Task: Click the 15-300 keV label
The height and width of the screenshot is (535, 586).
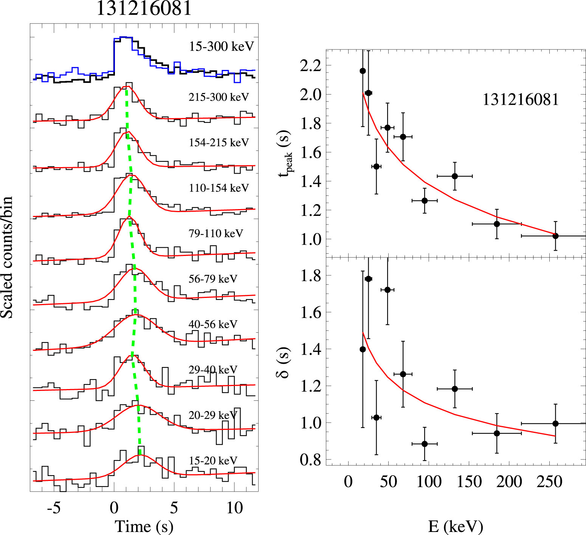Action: pyautogui.click(x=221, y=47)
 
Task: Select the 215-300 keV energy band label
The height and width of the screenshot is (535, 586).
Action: pyautogui.click(x=219, y=97)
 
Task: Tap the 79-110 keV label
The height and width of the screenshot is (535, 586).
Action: pyautogui.click(x=215, y=233)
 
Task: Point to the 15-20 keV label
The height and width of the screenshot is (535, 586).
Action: pyautogui.click(x=213, y=461)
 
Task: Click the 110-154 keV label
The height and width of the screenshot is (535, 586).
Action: pyautogui.click(x=219, y=188)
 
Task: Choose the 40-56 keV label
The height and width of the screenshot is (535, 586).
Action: pyautogui.click(x=213, y=324)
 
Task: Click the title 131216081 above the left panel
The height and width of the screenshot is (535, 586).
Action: pyautogui.click(x=144, y=8)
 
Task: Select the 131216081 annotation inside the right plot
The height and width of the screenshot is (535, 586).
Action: pyautogui.click(x=520, y=99)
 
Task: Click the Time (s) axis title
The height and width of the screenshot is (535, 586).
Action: pyautogui.click(x=144, y=526)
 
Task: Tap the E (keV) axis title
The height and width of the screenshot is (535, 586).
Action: pyautogui.click(x=456, y=526)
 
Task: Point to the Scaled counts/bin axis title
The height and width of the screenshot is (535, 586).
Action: pyautogui.click(x=7, y=257)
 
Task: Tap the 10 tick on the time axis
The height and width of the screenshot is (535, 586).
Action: pyautogui.click(x=234, y=508)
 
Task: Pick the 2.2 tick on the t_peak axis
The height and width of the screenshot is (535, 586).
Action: pyautogui.click(x=310, y=66)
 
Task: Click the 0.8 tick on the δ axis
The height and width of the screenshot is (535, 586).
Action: pyautogui.click(x=310, y=460)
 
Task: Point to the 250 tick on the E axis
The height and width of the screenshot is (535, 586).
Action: pyautogui.click(x=549, y=482)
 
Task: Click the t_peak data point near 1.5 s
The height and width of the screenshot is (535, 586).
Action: pyautogui.click(x=376, y=166)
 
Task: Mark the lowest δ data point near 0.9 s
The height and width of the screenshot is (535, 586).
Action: pyautogui.click(x=425, y=444)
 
